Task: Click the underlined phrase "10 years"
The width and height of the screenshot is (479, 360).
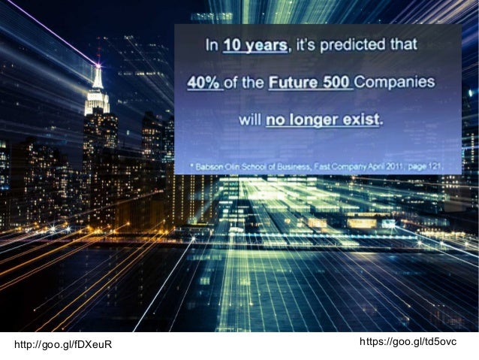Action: [x=256, y=46]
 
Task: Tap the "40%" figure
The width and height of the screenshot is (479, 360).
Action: [x=204, y=82]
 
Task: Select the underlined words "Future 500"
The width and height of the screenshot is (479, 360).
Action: [x=310, y=82]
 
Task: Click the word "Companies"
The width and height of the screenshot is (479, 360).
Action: [x=395, y=82]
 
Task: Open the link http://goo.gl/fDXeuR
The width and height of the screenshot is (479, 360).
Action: [x=63, y=344]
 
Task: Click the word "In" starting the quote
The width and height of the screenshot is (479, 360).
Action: [x=212, y=46]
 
